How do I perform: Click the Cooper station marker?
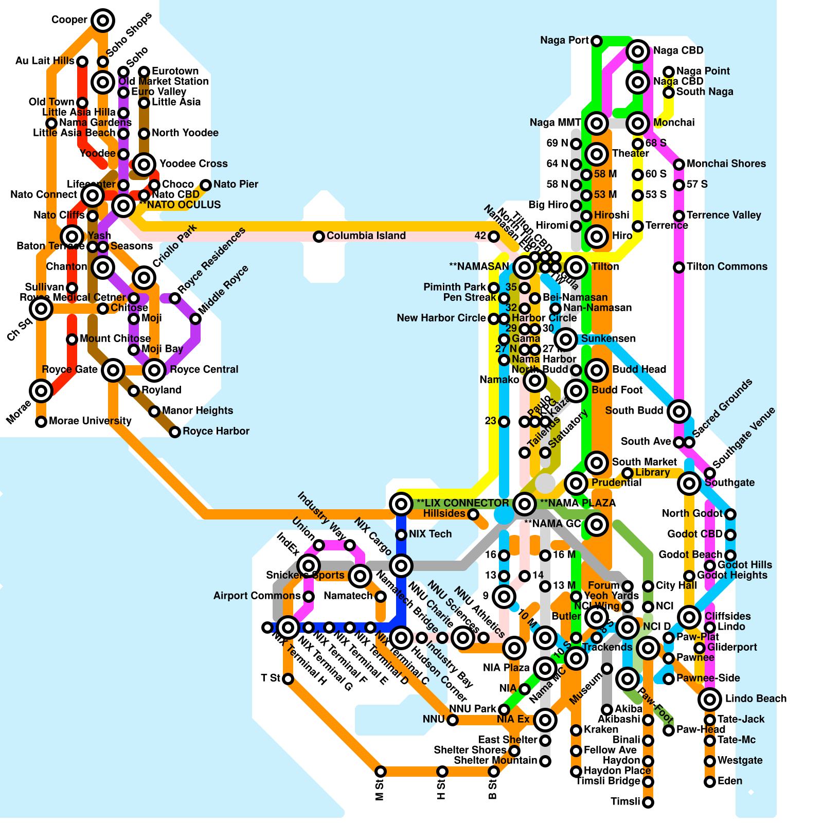tap(103, 21)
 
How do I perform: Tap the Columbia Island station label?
tap(366, 236)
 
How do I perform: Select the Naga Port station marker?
tap(597, 41)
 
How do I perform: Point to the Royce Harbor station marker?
tap(175, 432)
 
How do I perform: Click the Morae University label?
tap(90, 421)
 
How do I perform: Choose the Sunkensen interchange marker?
tap(566, 339)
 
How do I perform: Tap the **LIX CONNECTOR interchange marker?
tap(401, 504)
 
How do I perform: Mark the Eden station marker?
tap(710, 781)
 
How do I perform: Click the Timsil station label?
tap(625, 802)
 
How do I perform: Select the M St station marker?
tap(381, 771)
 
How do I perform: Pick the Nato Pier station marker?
tap(206, 185)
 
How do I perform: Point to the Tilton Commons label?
tap(727, 267)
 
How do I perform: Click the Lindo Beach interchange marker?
tap(710, 699)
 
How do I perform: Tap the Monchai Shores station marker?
tap(679, 164)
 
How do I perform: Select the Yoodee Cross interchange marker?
tap(144, 164)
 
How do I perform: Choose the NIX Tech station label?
tap(430, 534)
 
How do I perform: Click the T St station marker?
tap(288, 679)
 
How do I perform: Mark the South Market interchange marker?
tap(597, 462)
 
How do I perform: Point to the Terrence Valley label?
tap(723, 216)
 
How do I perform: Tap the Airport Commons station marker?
tap(309, 596)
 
